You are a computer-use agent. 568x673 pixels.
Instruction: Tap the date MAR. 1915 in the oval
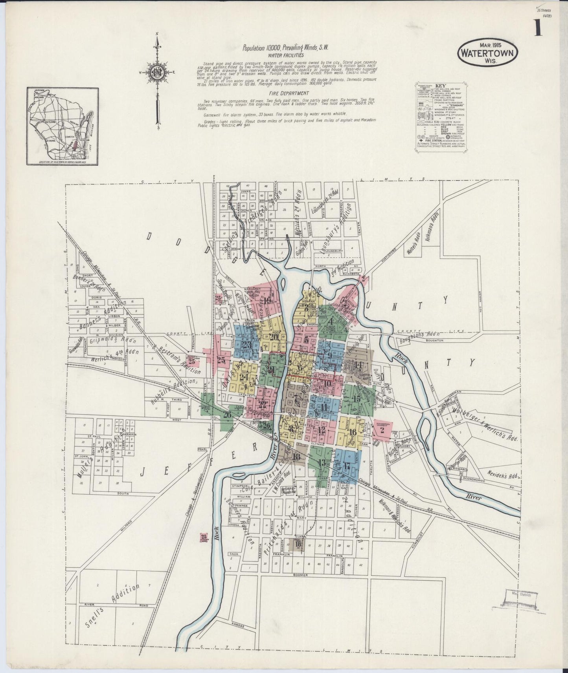pyautogui.click(x=487, y=45)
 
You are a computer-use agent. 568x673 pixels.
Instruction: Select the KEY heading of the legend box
pyautogui.click(x=439, y=85)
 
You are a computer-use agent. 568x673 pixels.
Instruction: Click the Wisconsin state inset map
pyautogui.click(x=62, y=126)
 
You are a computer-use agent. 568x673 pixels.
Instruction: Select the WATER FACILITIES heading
pyautogui.click(x=285, y=56)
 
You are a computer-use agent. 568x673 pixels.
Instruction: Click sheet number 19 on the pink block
pyautogui.click(x=268, y=301)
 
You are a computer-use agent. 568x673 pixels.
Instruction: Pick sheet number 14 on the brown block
pyautogui.click(x=358, y=364)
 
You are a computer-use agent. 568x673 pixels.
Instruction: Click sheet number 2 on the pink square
pyautogui.click(x=382, y=430)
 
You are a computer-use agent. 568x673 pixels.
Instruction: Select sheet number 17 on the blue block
pyautogui.click(x=346, y=467)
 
